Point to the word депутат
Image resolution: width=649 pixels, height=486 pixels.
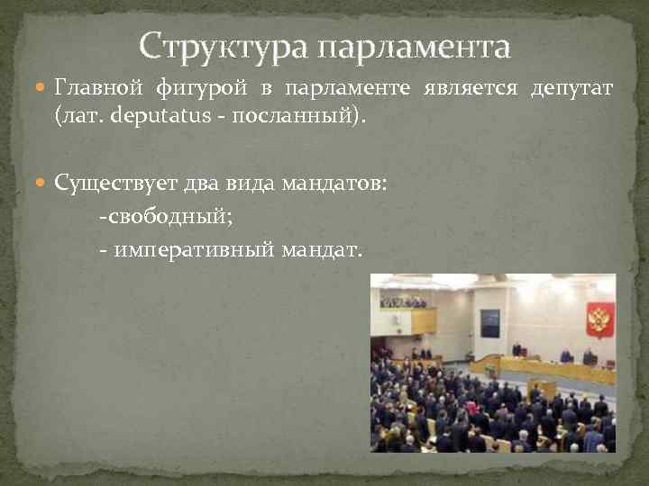pyautogui.click(x=572, y=89)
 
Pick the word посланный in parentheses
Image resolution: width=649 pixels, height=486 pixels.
pyautogui.click(x=301, y=116)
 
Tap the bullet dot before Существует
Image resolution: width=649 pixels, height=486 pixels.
pyautogui.click(x=42, y=184)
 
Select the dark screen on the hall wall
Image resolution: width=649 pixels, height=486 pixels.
pyautogui.click(x=489, y=323)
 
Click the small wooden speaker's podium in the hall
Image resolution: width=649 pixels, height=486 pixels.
pyautogui.click(x=544, y=390)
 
